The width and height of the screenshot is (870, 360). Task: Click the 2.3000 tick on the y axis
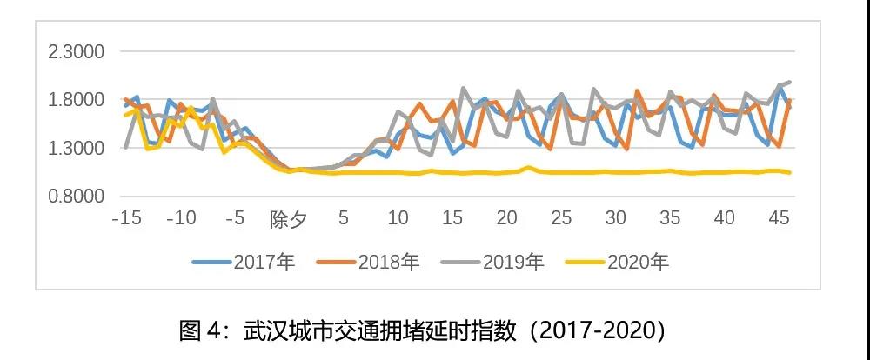pos(76,52)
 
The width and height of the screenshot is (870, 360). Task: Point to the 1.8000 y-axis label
pos(76,100)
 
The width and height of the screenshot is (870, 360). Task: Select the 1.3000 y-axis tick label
pos(76,148)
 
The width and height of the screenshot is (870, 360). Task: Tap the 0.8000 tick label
pos(76,197)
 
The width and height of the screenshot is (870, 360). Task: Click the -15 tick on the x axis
pos(126,217)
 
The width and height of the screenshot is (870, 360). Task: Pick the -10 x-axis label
pos(180,217)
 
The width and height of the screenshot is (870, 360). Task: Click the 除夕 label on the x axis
pos(289,218)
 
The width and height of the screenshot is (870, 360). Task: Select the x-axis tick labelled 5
pos(344,217)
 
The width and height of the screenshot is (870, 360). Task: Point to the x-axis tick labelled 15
pos(452,217)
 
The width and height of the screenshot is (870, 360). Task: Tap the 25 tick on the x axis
pos(561,217)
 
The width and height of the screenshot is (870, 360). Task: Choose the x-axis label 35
pos(670,217)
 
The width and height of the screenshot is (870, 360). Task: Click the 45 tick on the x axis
pos(779,217)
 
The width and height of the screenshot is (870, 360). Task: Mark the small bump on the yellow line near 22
pos(528,167)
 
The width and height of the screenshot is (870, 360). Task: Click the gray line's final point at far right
pos(789,82)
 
